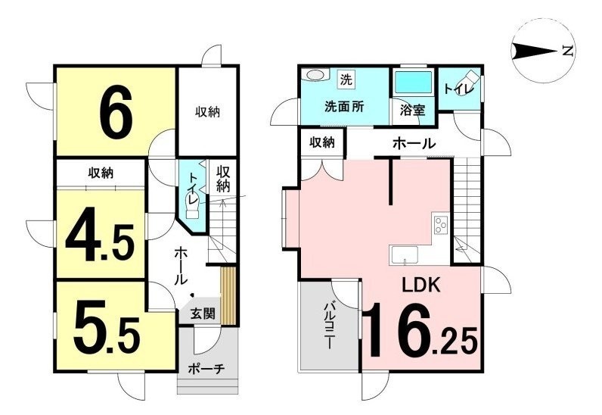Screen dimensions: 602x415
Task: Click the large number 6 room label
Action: click(116, 111)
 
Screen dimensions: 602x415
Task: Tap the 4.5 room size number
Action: click(100, 234)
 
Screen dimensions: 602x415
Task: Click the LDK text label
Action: click(420, 285)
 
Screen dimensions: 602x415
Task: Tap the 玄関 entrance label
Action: click(203, 314)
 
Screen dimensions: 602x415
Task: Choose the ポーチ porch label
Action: click(206, 370)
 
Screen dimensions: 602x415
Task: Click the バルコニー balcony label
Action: click(329, 326)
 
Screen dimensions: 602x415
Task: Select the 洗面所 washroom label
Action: click(344, 107)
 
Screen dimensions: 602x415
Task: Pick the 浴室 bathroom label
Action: click(413, 111)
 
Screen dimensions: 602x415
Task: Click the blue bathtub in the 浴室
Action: click(413, 82)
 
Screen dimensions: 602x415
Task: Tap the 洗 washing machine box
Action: click(346, 80)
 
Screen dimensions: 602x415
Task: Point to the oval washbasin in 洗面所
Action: click(315, 75)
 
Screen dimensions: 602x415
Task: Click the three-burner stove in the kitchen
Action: click(441, 224)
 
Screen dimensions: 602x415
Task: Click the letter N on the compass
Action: click(567, 51)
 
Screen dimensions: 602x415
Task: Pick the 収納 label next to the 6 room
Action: click(207, 112)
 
